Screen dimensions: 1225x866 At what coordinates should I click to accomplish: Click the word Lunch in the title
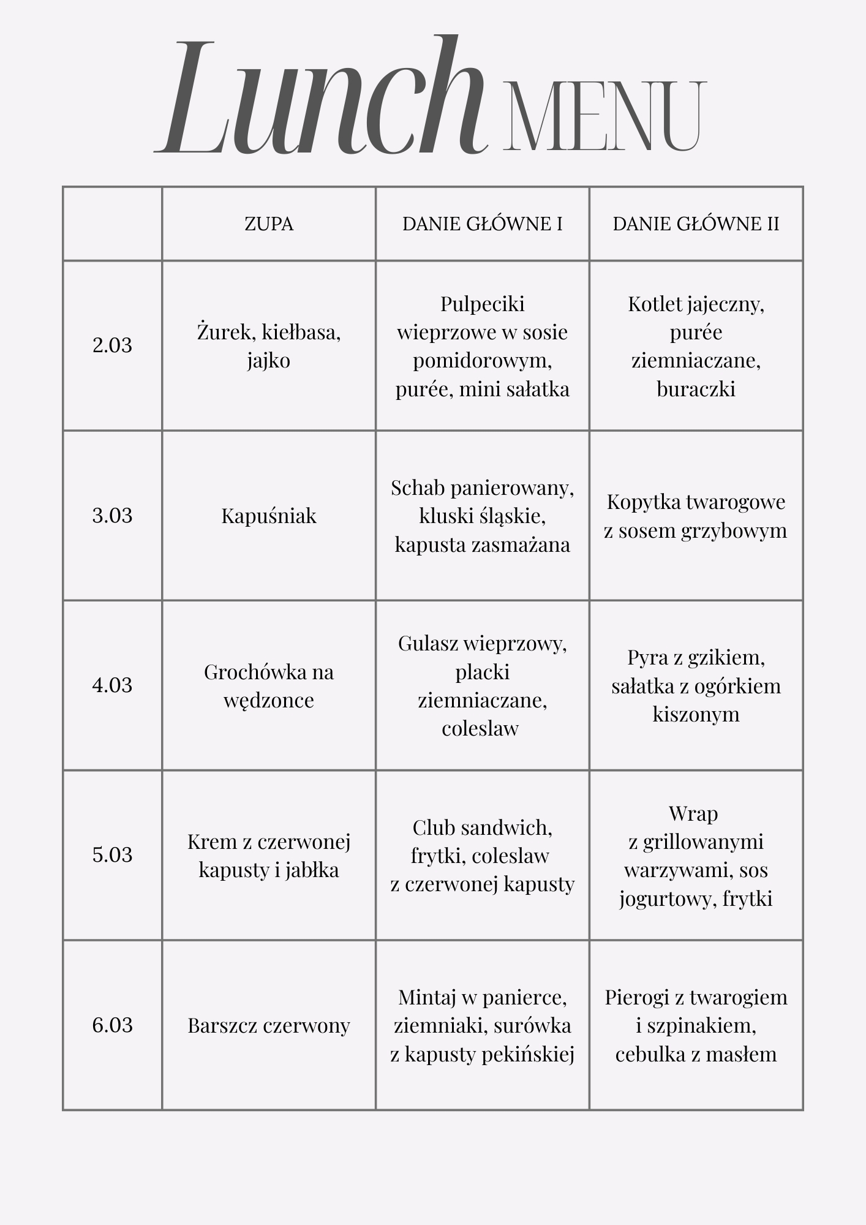pyautogui.click(x=322, y=98)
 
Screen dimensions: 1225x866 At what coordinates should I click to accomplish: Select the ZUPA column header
pyautogui.click(x=269, y=224)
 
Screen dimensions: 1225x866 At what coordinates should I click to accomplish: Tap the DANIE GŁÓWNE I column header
pyautogui.click(x=482, y=224)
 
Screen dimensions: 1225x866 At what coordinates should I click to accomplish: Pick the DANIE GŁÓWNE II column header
pyautogui.click(x=696, y=224)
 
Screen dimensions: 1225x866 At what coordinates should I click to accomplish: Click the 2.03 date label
pyautogui.click(x=112, y=345)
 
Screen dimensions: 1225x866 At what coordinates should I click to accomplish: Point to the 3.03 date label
pyautogui.click(x=112, y=516)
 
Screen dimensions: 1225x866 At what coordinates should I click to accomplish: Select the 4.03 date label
pyautogui.click(x=112, y=685)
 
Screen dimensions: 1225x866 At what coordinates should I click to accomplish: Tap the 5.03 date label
pyautogui.click(x=112, y=855)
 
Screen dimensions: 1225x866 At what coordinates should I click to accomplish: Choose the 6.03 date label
pyautogui.click(x=112, y=1025)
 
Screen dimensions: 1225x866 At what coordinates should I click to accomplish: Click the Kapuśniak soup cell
pyautogui.click(x=269, y=516)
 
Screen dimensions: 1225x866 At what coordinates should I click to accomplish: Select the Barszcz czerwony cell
pyautogui.click(x=269, y=1025)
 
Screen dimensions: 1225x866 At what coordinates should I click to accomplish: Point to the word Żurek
pyautogui.click(x=225, y=332)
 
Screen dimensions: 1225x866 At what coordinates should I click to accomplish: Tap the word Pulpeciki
pyautogui.click(x=482, y=304)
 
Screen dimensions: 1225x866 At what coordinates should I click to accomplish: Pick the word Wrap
pyautogui.click(x=693, y=813)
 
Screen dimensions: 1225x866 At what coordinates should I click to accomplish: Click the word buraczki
pyautogui.click(x=696, y=389)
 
